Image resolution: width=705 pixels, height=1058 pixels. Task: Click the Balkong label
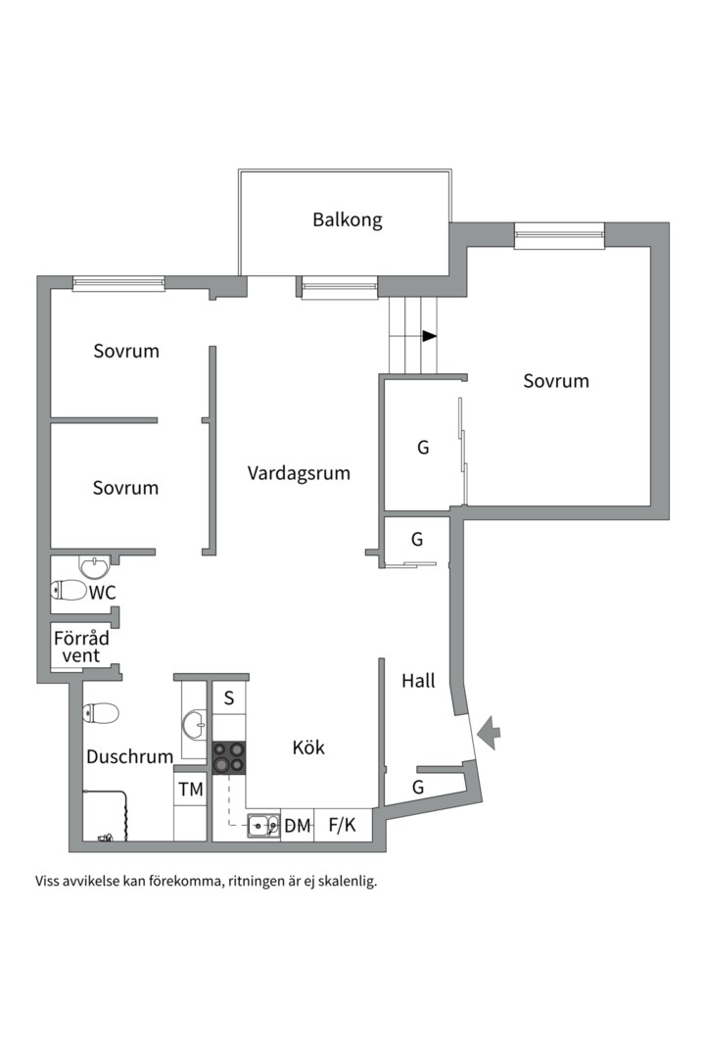tap(348, 219)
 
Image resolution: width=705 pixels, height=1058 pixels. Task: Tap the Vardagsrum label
tap(299, 473)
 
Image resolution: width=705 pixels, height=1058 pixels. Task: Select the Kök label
tap(308, 747)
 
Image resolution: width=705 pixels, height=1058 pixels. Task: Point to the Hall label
tap(418, 681)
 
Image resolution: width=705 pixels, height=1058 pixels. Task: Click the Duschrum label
tap(129, 756)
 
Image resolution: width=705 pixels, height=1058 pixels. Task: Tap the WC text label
tap(103, 593)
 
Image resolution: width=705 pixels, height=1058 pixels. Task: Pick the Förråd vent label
tap(81, 647)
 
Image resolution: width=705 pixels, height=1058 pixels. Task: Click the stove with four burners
tap(229, 757)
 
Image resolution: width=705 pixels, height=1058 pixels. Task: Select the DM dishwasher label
tap(297, 826)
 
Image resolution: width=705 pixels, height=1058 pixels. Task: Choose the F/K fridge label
tap(342, 826)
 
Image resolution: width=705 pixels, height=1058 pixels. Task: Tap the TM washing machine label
tap(190, 789)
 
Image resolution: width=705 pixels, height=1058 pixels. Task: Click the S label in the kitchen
tap(229, 698)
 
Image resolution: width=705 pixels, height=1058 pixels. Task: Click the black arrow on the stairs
tap(429, 336)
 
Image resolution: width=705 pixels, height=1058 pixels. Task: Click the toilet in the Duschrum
tap(101, 712)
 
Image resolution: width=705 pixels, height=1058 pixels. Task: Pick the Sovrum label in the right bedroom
tap(556, 381)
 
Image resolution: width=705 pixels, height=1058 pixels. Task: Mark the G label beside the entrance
tap(418, 787)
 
